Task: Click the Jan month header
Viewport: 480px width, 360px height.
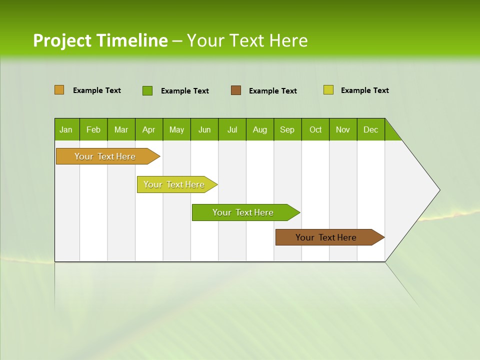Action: (66, 130)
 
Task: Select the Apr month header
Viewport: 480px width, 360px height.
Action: (149, 130)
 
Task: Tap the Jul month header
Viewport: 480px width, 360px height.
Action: (232, 130)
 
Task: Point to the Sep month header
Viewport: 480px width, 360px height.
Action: (287, 130)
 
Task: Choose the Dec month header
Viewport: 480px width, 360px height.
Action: (370, 130)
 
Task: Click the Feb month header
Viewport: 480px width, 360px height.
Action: (93, 130)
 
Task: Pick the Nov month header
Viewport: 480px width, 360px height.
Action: (343, 130)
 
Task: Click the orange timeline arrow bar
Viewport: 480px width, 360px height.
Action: (105, 156)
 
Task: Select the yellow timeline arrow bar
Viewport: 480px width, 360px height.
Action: (174, 184)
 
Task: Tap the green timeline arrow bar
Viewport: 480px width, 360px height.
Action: (243, 212)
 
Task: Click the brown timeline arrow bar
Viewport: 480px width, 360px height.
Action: (326, 237)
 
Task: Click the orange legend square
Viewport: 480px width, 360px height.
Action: (59, 90)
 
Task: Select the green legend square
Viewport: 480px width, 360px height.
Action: (147, 90)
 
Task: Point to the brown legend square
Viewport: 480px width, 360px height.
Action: (236, 90)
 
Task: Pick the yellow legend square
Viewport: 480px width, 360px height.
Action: (328, 90)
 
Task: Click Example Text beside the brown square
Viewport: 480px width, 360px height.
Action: (272, 91)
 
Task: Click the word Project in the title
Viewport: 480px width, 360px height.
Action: (62, 41)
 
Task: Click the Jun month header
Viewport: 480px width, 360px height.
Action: (204, 130)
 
